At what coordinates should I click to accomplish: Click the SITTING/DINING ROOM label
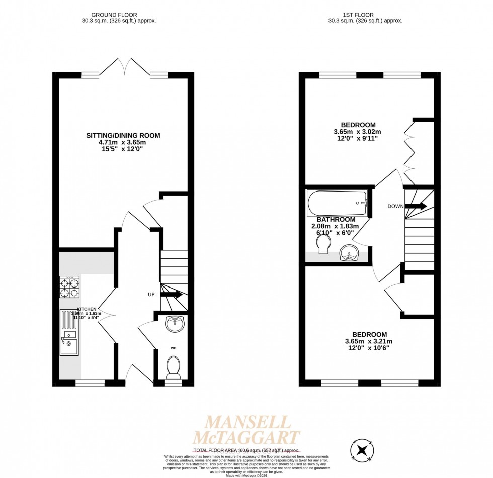point(123,135)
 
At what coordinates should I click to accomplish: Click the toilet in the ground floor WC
point(173,367)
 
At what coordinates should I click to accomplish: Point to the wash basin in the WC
point(175,324)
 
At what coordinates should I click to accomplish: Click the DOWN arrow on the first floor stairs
point(416,206)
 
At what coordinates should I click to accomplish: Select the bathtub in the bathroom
point(338,203)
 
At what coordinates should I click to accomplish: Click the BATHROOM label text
point(336,219)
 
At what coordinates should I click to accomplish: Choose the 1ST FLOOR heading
point(365,15)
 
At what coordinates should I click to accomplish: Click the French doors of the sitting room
point(124,68)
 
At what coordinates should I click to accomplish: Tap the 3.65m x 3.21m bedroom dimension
point(369,342)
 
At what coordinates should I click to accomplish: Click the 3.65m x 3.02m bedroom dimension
point(358,132)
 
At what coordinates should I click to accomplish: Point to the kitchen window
point(90,383)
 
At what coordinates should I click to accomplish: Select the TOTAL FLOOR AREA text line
point(247,451)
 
